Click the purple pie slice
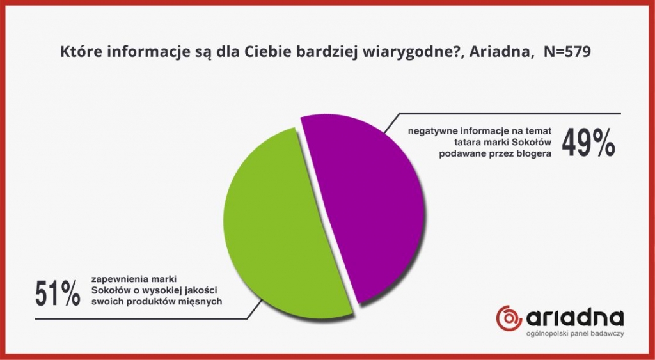click(368, 205)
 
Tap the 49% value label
click(588, 143)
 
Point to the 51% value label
click(58, 293)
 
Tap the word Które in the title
click(78, 52)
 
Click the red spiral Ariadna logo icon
click(509, 318)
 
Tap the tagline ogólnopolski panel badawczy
click(575, 334)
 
